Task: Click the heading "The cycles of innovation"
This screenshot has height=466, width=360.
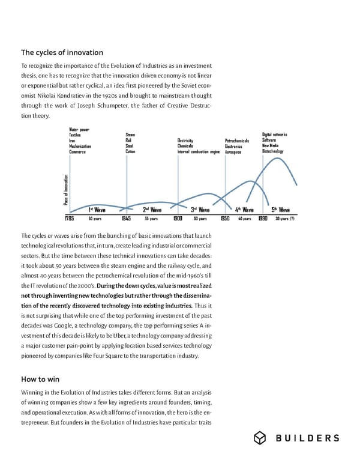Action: (62, 52)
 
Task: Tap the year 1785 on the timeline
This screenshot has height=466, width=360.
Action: (69, 219)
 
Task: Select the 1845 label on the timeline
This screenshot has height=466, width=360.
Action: (126, 219)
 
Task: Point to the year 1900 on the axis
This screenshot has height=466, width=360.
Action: (178, 219)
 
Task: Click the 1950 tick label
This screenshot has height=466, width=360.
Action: (225, 219)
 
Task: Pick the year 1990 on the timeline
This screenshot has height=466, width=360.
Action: (263, 219)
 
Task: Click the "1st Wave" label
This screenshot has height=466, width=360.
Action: (97, 210)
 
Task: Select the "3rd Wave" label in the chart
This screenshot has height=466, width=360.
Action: (200, 210)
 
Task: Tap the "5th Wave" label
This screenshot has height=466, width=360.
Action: (281, 210)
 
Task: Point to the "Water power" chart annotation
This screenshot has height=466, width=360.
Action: (80, 129)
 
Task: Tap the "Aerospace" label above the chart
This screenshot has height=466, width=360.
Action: (233, 152)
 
